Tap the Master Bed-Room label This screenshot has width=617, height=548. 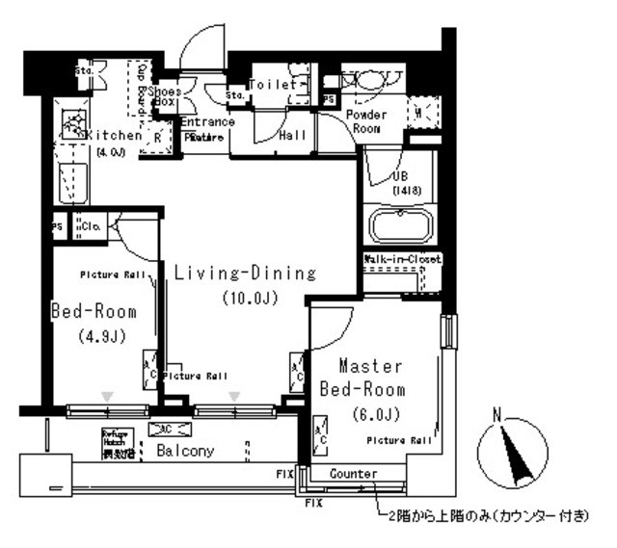[x=362, y=378]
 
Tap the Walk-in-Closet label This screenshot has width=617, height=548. [x=402, y=260]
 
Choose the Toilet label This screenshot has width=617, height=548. [x=272, y=85]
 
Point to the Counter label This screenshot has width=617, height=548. [x=352, y=474]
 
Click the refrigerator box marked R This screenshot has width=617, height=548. [x=156, y=138]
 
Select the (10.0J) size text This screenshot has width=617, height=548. [x=249, y=298]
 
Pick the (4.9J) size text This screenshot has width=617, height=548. [x=93, y=336]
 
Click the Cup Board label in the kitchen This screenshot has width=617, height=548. [x=141, y=86]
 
